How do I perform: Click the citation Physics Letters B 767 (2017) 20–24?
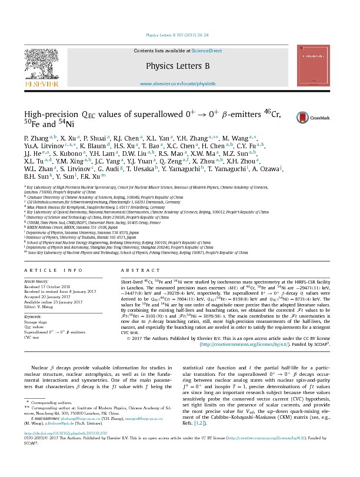(179, 36)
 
